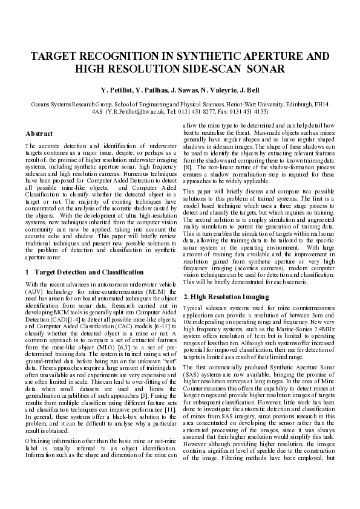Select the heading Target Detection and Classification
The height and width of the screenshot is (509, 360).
click(x=89, y=272)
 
